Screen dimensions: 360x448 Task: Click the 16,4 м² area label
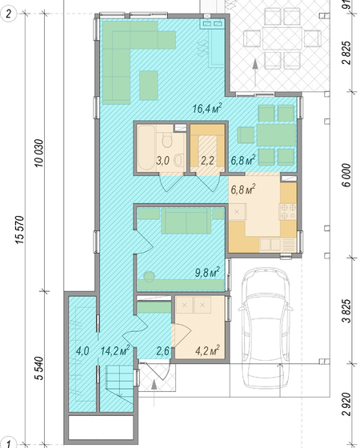pyautogui.click(x=207, y=109)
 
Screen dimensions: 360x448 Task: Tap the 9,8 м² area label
pyautogui.click(x=207, y=272)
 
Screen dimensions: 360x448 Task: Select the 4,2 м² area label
pyautogui.click(x=207, y=350)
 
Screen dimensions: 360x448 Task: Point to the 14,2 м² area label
pyautogui.click(x=115, y=350)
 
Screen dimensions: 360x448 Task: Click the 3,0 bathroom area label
pyautogui.click(x=163, y=161)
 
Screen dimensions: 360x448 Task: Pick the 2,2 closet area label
pyautogui.click(x=207, y=161)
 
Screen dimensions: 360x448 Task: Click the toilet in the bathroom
pyautogui.click(x=166, y=139)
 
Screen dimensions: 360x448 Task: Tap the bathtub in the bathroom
pyautogui.click(x=146, y=148)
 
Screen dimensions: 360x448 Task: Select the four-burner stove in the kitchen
pyautogui.click(x=288, y=212)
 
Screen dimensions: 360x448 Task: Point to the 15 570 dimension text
pyautogui.click(x=21, y=230)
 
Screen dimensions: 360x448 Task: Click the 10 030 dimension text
pyautogui.click(x=39, y=153)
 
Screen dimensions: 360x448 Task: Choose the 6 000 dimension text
pyautogui.click(x=346, y=175)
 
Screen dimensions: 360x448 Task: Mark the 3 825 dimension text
pyautogui.click(x=346, y=311)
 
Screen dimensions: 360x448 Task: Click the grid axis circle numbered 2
pyautogui.click(x=8, y=14)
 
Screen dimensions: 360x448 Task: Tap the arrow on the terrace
pyautogui.click(x=255, y=73)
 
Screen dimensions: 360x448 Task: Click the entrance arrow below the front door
pyautogui.click(x=154, y=393)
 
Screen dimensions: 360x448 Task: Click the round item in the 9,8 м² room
pyautogui.click(x=149, y=277)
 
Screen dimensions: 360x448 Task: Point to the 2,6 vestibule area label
pyautogui.click(x=163, y=351)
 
